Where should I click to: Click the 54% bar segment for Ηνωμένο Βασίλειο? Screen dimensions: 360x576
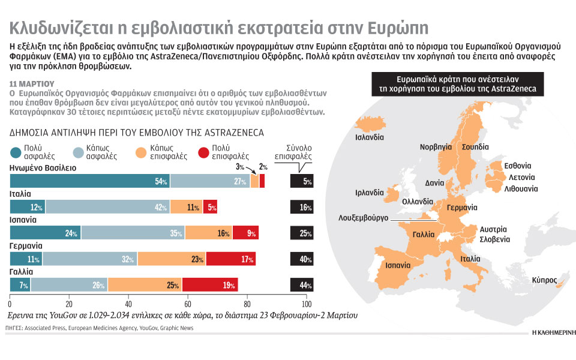(x=90, y=181)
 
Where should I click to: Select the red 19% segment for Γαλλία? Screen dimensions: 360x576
(x=210, y=285)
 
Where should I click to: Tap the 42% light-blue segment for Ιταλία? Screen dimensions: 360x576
(x=108, y=207)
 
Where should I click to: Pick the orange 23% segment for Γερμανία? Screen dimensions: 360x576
(x=172, y=259)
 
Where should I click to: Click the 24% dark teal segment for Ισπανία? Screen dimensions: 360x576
(x=46, y=233)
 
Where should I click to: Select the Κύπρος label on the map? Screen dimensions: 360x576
(x=544, y=280)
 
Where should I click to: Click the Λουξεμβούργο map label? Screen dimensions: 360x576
(x=364, y=218)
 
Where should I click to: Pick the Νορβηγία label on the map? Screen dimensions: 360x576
(x=436, y=146)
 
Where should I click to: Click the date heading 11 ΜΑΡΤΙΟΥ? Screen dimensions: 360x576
(x=32, y=83)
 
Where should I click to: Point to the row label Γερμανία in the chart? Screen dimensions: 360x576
(x=26, y=245)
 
